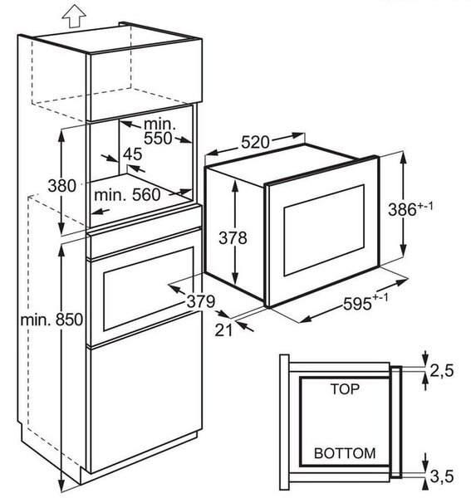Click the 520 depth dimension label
pos(255,142)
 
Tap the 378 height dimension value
pos(233,238)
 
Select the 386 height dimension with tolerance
pos(410,208)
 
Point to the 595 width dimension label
pos(366,302)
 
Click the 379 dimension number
pos(201,301)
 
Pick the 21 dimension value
pos(223,330)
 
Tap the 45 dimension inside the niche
pos(133,154)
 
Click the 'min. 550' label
pos(159,131)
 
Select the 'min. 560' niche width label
pos(127,195)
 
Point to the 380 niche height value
pos(62,185)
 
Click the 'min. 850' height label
pos(52,320)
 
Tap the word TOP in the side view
pos(345,389)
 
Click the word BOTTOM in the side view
pos(345,453)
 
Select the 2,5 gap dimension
pos(442,370)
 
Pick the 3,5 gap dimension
pos(442,476)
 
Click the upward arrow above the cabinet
pos(74,16)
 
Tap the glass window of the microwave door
pos(324,230)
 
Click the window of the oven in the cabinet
pos(149,289)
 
